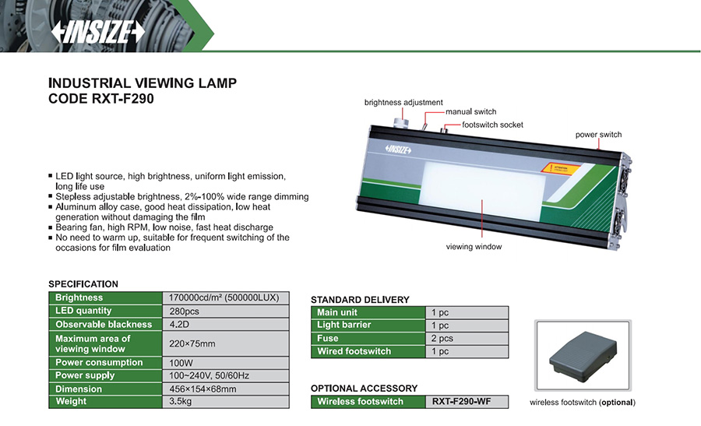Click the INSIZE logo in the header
click(x=97, y=32)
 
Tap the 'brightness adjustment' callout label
click(x=403, y=103)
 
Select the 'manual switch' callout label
click(x=470, y=112)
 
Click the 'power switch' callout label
click(x=598, y=135)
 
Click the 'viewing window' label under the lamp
click(x=474, y=246)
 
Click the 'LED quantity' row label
click(x=84, y=311)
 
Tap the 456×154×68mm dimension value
click(x=203, y=389)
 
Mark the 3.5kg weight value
click(x=181, y=401)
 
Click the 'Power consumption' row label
click(x=100, y=362)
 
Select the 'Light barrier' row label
click(x=344, y=325)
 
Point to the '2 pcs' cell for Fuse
click(x=442, y=338)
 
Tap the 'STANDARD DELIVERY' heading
click(x=360, y=300)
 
